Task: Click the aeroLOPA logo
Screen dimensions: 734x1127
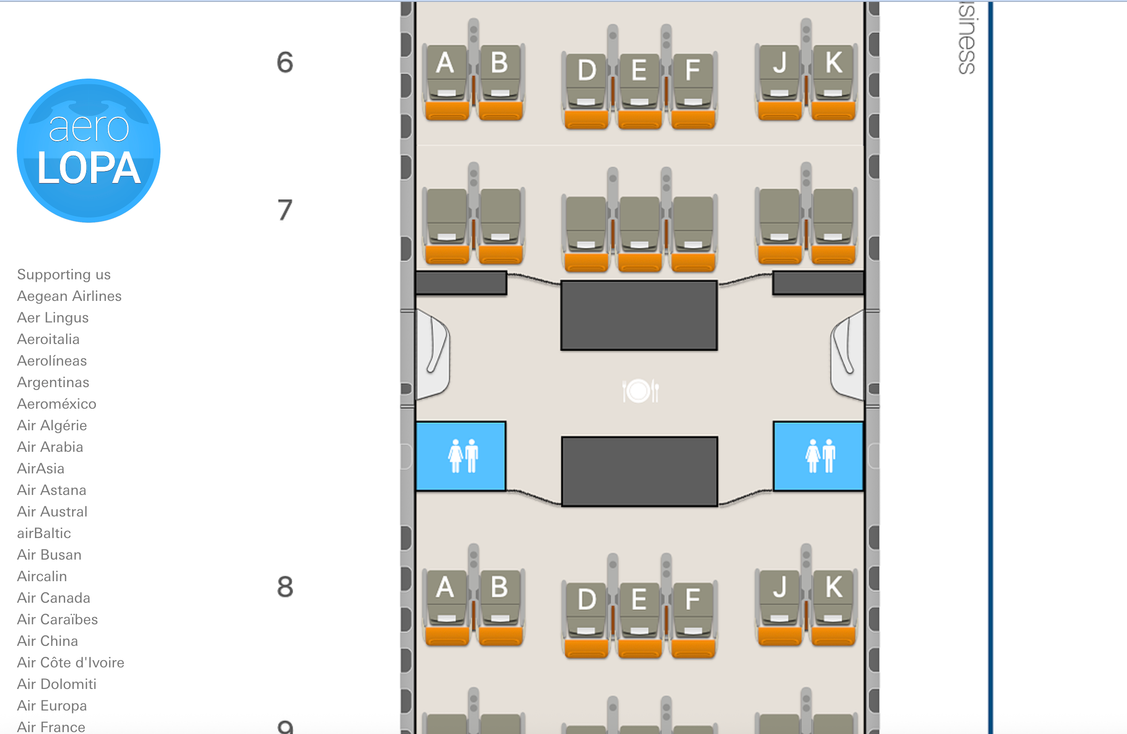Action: pyautogui.click(x=89, y=150)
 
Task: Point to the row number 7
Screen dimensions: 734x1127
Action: pyautogui.click(x=285, y=210)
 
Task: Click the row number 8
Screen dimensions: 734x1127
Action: pyautogui.click(x=285, y=587)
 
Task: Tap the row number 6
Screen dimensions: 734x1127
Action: pyautogui.click(x=285, y=62)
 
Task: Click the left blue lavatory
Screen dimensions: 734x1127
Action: pyautogui.click(x=461, y=456)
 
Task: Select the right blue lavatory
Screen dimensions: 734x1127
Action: pyautogui.click(x=818, y=456)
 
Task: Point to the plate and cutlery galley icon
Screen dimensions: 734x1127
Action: pyautogui.click(x=640, y=391)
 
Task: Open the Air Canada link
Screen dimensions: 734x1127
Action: pyautogui.click(x=54, y=598)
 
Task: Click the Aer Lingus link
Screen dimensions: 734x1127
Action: pyautogui.click(x=53, y=318)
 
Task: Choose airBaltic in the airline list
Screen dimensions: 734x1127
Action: pyautogui.click(x=44, y=533)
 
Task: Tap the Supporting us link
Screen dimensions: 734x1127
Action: pyautogui.click(x=64, y=275)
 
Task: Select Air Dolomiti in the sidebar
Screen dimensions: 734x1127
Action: pyautogui.click(x=57, y=684)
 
